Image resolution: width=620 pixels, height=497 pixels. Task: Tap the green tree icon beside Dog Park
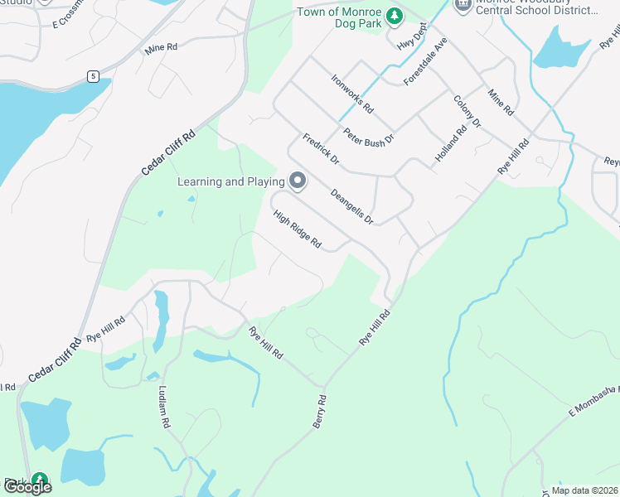[x=396, y=15]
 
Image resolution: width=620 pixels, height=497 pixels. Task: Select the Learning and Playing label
[x=230, y=181]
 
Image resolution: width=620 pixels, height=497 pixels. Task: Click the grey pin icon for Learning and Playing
[x=297, y=181]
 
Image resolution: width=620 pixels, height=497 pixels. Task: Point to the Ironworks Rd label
[x=352, y=94]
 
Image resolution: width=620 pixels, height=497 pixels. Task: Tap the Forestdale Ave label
[x=425, y=61]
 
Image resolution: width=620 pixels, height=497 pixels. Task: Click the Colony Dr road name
[x=467, y=111]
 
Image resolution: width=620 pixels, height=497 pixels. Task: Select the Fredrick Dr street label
[x=321, y=148]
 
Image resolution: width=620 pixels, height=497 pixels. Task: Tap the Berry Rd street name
[x=321, y=411]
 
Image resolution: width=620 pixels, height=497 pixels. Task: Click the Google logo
[x=27, y=487]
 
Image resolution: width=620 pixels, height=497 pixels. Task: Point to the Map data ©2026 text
[x=584, y=490]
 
